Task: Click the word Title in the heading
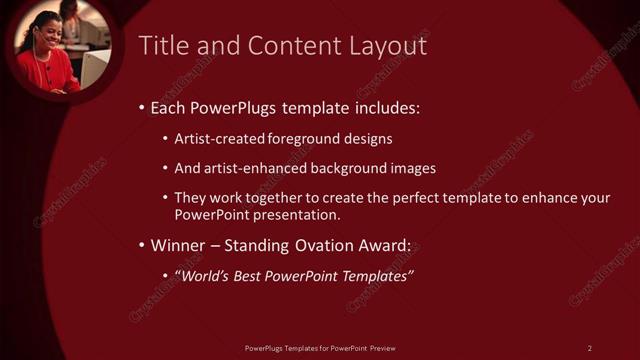coord(162,46)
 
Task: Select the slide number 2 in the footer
coord(589,348)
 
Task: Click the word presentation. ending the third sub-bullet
coord(298,215)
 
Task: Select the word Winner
coord(177,245)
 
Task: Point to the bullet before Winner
coord(142,245)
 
